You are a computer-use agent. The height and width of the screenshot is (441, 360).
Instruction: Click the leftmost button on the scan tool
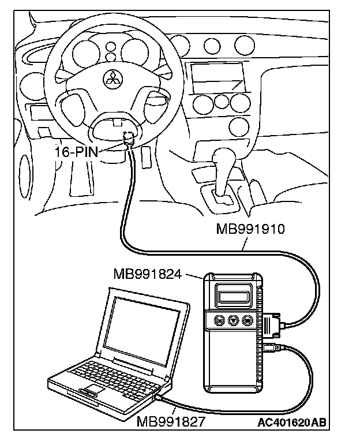(x=219, y=319)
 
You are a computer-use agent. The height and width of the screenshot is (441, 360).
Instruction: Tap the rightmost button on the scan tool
(x=246, y=319)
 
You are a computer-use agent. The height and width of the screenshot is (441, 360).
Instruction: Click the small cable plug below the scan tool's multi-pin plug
(x=273, y=347)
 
